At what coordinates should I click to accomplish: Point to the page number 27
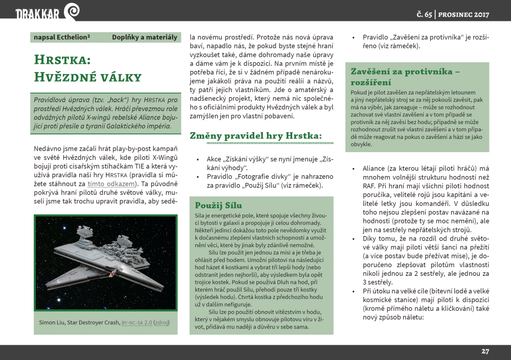pyautogui.click(x=485, y=351)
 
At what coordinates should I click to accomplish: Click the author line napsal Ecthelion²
pyautogui.click(x=62, y=37)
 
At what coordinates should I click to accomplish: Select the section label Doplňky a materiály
pyautogui.click(x=145, y=37)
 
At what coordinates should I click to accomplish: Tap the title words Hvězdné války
pyautogui.click(x=87, y=77)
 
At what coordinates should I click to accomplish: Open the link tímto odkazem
pyautogui.click(x=111, y=183)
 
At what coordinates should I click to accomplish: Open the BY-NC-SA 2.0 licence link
pyautogui.click(x=136, y=323)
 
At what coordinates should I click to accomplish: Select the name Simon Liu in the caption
pyautogui.click(x=51, y=323)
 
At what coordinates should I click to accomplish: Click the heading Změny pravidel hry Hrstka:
pyautogui.click(x=255, y=136)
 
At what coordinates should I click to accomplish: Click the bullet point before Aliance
pyautogui.click(x=354, y=169)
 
